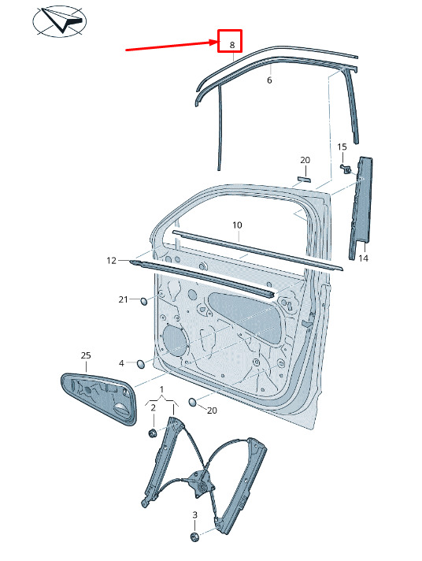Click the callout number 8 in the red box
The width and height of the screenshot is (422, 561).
[232, 45]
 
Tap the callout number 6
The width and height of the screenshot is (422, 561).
[269, 80]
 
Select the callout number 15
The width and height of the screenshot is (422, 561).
[342, 147]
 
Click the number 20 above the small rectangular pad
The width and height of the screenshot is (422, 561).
[305, 160]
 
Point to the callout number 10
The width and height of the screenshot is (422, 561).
[237, 225]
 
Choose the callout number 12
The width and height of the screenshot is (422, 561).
[112, 261]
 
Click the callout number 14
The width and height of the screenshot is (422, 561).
[364, 258]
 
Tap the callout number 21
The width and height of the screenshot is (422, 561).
[124, 299]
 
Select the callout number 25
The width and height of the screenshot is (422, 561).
[86, 355]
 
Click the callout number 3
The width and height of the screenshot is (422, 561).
[195, 515]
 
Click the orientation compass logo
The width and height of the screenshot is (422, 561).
[59, 21]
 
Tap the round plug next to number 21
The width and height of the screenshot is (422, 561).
[143, 301]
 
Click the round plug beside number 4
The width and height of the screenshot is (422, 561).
[141, 364]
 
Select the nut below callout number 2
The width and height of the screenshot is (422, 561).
[152, 433]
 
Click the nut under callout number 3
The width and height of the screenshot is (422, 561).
[194, 537]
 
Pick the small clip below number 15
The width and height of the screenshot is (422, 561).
[346, 168]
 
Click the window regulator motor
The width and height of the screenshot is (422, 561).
[201, 484]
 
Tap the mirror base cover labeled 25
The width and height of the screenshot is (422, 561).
[99, 398]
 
